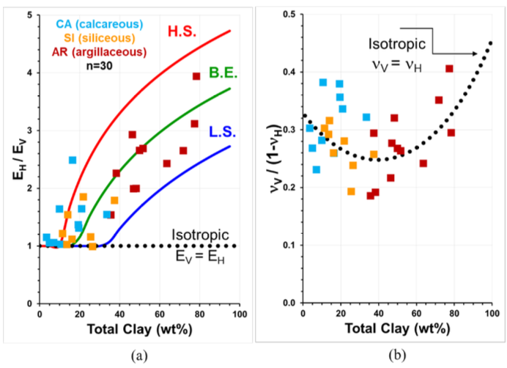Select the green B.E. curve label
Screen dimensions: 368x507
point(221,73)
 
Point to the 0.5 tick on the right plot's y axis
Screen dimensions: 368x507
point(287,15)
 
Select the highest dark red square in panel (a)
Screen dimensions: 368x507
point(196,76)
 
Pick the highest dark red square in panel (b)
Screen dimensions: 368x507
point(449,69)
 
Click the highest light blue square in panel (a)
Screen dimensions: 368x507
point(73,160)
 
